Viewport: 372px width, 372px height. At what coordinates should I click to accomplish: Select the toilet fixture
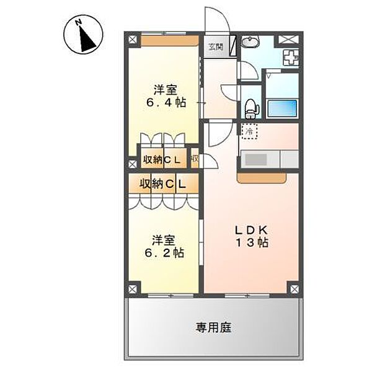pos(250,108)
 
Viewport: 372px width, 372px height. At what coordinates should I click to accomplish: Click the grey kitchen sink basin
pos(255,159)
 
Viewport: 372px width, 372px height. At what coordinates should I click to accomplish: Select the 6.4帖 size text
pos(166,103)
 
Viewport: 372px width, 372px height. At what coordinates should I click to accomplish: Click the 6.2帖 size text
pos(164,253)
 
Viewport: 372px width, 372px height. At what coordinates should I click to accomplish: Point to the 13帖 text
pos(251,243)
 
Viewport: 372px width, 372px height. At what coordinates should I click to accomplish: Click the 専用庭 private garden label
pos(215,327)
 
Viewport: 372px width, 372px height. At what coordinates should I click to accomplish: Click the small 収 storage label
pos(194,159)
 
